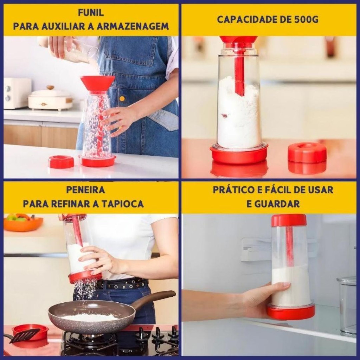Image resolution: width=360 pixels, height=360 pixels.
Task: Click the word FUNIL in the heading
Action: point(91,13)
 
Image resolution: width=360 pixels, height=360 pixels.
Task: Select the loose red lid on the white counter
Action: point(61,162)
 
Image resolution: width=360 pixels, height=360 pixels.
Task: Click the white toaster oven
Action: point(17,93)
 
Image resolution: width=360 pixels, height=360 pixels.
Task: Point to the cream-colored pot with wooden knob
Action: point(50,99)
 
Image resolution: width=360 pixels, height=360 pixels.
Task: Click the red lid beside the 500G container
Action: point(307,152)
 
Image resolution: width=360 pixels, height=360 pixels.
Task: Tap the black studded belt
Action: point(123,284)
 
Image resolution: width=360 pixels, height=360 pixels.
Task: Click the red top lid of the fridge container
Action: point(289,220)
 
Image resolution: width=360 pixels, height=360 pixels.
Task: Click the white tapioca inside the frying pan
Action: point(90,317)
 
